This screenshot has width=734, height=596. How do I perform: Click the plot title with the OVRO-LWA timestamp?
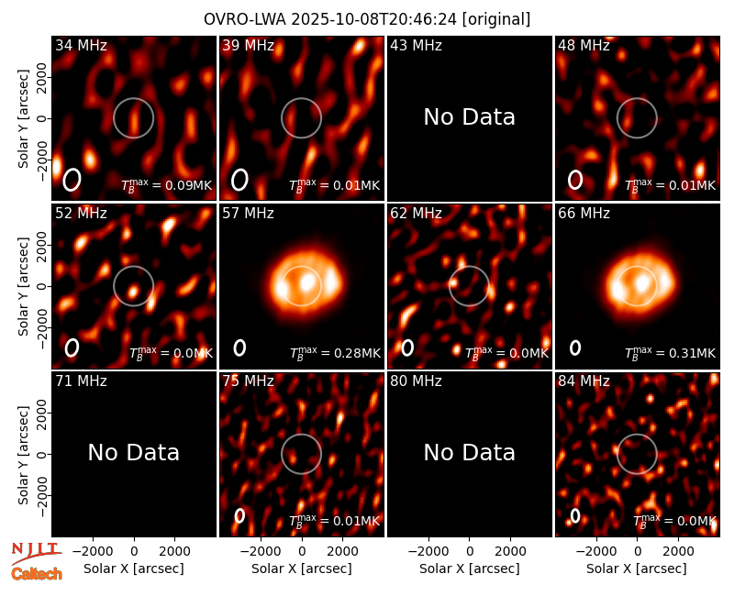click(367, 19)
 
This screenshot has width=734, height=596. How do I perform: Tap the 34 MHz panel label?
click(81, 45)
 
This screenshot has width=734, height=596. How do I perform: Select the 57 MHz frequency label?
click(248, 214)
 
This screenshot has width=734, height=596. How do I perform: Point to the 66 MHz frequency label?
click(584, 214)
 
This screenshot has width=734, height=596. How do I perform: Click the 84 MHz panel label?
click(584, 381)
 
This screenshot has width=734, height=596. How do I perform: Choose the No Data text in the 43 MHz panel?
click(470, 117)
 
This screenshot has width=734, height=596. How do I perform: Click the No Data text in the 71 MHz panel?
click(134, 453)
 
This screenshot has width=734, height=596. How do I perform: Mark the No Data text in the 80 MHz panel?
click(470, 453)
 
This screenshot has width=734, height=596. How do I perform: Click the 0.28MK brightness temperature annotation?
click(335, 353)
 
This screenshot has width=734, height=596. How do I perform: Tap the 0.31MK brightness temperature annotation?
click(671, 353)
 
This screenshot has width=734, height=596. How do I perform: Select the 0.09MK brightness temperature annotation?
click(167, 185)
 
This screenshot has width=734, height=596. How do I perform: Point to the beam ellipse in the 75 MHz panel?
click(239, 515)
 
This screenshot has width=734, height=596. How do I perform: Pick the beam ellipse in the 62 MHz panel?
click(407, 348)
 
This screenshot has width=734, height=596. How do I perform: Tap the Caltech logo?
click(37, 574)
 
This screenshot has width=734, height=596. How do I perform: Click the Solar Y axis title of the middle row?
click(24, 286)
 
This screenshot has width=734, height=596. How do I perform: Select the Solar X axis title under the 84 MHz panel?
click(637, 568)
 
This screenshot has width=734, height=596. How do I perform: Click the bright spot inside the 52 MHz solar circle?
click(133, 292)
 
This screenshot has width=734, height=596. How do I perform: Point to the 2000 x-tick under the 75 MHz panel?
click(342, 552)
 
